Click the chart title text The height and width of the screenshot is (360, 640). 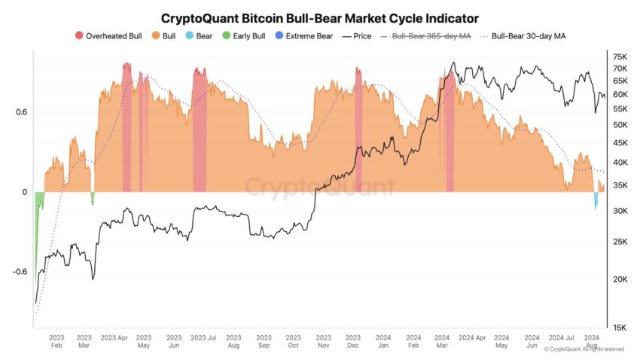tap(319, 18)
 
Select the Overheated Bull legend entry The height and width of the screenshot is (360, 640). tap(108, 36)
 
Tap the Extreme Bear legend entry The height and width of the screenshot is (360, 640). tap(304, 36)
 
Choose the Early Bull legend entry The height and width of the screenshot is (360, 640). tap(244, 36)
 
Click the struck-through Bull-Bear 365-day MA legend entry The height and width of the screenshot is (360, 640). tap(425, 36)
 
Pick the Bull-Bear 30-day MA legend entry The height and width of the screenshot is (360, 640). tap(523, 36)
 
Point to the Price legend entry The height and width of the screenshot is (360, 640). tap(357, 36)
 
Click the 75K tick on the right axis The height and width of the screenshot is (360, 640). tap(620, 56)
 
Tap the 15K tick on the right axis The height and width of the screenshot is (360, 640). tap(620, 328)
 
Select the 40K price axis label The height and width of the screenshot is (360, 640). tap(620, 162)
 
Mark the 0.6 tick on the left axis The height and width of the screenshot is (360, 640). tap(22, 111)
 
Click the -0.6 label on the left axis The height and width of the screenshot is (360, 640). tap(20, 272)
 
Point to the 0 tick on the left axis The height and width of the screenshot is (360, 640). tap(25, 192)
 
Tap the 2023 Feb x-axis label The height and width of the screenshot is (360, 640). tap(56, 341)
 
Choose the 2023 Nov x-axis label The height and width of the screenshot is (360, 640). tap(323, 341)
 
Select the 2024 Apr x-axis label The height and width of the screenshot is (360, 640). tap(472, 337)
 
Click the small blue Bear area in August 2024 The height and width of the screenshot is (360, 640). tap(596, 200)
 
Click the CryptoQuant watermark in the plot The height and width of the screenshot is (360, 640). tap(319, 186)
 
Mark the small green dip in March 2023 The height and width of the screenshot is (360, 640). tap(93, 197)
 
